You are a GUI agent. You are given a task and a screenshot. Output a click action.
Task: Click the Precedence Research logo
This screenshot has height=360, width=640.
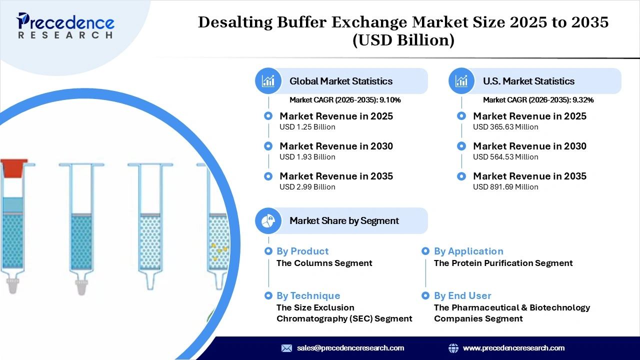click(65, 25)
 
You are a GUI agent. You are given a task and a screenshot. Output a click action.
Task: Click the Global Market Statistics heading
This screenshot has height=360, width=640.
click(341, 81)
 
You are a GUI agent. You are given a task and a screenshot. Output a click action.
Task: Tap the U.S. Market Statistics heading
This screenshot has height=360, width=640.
click(528, 81)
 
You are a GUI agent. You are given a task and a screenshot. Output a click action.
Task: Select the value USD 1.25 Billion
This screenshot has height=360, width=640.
click(307, 127)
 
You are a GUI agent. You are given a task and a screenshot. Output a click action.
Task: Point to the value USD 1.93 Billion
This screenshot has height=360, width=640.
click(307, 157)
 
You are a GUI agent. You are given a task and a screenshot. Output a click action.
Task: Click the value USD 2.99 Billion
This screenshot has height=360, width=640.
click(307, 187)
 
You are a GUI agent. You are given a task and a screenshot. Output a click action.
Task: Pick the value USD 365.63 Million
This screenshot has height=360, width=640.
click(505, 127)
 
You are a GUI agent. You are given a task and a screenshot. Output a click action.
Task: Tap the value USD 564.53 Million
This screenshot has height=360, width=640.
click(505, 157)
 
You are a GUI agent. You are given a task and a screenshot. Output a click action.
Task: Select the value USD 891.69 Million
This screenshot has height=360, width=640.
click(505, 187)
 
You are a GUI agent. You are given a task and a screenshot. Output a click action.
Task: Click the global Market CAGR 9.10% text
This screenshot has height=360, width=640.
click(345, 100)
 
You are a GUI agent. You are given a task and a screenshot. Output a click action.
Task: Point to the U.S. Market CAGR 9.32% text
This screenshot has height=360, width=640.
click(538, 100)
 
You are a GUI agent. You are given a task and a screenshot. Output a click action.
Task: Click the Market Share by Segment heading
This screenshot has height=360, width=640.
click(344, 220)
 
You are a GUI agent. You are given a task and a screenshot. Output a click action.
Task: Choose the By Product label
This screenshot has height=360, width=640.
click(302, 251)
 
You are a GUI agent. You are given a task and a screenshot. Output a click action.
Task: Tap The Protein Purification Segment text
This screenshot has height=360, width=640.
click(503, 263)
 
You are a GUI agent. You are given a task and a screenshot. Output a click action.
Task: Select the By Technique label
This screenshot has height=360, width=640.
click(308, 295)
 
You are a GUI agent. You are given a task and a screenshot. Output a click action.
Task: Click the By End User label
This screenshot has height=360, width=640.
click(462, 295)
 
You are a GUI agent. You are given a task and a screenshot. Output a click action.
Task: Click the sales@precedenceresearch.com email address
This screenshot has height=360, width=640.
click(350, 348)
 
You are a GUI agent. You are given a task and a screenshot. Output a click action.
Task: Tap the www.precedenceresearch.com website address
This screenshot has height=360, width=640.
click(513, 348)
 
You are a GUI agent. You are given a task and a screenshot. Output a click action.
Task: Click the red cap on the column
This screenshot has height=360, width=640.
click(13, 168)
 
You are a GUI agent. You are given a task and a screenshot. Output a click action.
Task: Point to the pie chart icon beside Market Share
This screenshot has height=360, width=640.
click(268, 220)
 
